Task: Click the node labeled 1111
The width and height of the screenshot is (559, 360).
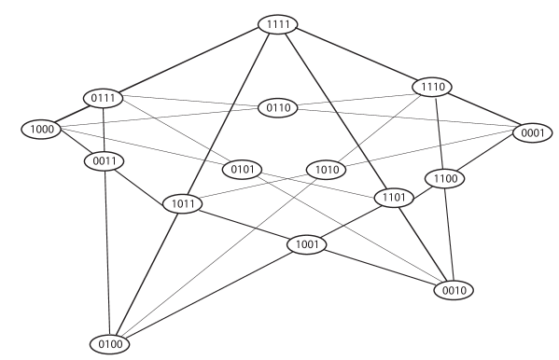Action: point(277,24)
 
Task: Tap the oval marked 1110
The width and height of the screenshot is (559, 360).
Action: point(431,87)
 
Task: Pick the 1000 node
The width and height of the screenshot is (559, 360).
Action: point(40,129)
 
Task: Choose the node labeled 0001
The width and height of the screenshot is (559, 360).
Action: point(532,132)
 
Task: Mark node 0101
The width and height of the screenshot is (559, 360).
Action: point(242,170)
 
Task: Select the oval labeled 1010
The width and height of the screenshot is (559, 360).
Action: point(326,170)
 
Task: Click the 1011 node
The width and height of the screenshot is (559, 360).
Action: point(183,203)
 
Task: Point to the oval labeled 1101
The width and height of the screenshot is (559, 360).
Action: point(393,198)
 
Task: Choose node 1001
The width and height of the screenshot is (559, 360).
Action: point(306,245)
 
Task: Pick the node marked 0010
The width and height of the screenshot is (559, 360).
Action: point(454,290)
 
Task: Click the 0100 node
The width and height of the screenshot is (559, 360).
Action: point(109,344)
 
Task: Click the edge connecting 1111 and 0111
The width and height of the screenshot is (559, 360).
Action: point(189,61)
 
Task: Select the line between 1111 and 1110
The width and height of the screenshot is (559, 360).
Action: point(355,56)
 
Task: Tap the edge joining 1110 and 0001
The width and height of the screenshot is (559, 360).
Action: point(482,110)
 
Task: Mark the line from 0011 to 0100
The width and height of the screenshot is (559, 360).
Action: point(106,253)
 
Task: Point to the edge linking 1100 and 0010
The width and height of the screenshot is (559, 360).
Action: point(449,234)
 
